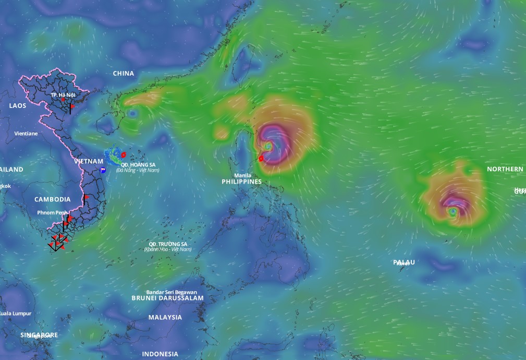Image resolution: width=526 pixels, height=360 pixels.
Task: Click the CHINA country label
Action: coord(124,74)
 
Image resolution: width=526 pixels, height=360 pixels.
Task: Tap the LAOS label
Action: coord(17,105)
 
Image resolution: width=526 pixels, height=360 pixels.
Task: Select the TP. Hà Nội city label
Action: coord(63,95)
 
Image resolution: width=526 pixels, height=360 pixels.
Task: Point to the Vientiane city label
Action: coord(26,134)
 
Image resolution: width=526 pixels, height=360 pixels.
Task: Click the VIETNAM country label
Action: coord(89,161)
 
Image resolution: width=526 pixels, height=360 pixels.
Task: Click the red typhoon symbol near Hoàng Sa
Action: coord(123,154)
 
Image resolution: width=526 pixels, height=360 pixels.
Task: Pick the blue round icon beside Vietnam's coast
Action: coord(103,170)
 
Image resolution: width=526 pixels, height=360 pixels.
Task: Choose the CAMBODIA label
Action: coord(53,199)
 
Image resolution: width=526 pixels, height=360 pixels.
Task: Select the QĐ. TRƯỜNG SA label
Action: coord(168,244)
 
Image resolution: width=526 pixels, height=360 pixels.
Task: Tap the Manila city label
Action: coord(242,175)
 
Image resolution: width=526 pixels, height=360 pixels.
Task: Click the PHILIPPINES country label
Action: coord(241,182)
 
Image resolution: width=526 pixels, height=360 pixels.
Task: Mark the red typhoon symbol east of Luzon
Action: coord(261,158)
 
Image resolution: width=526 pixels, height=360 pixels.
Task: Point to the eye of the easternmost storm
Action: coord(453,211)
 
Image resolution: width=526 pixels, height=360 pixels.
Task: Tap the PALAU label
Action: coord(404,262)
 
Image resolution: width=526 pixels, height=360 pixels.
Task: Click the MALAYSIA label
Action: coord(165,317)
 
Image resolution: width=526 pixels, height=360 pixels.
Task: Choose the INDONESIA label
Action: coord(160,354)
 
